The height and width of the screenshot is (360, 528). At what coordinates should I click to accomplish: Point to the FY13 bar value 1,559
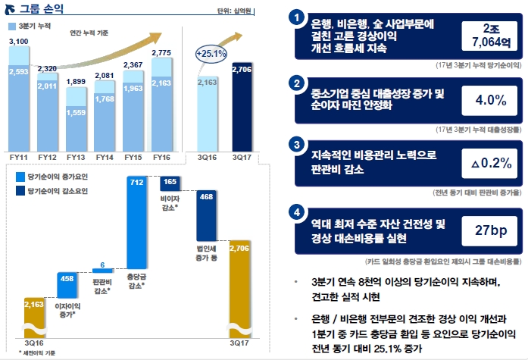(x=77, y=112)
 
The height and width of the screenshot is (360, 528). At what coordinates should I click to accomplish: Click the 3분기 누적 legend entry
(x=30, y=27)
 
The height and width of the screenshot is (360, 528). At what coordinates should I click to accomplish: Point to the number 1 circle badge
(x=298, y=17)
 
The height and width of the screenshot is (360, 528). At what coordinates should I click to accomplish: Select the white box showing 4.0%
(x=489, y=100)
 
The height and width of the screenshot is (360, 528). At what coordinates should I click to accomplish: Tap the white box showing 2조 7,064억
(x=489, y=35)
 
